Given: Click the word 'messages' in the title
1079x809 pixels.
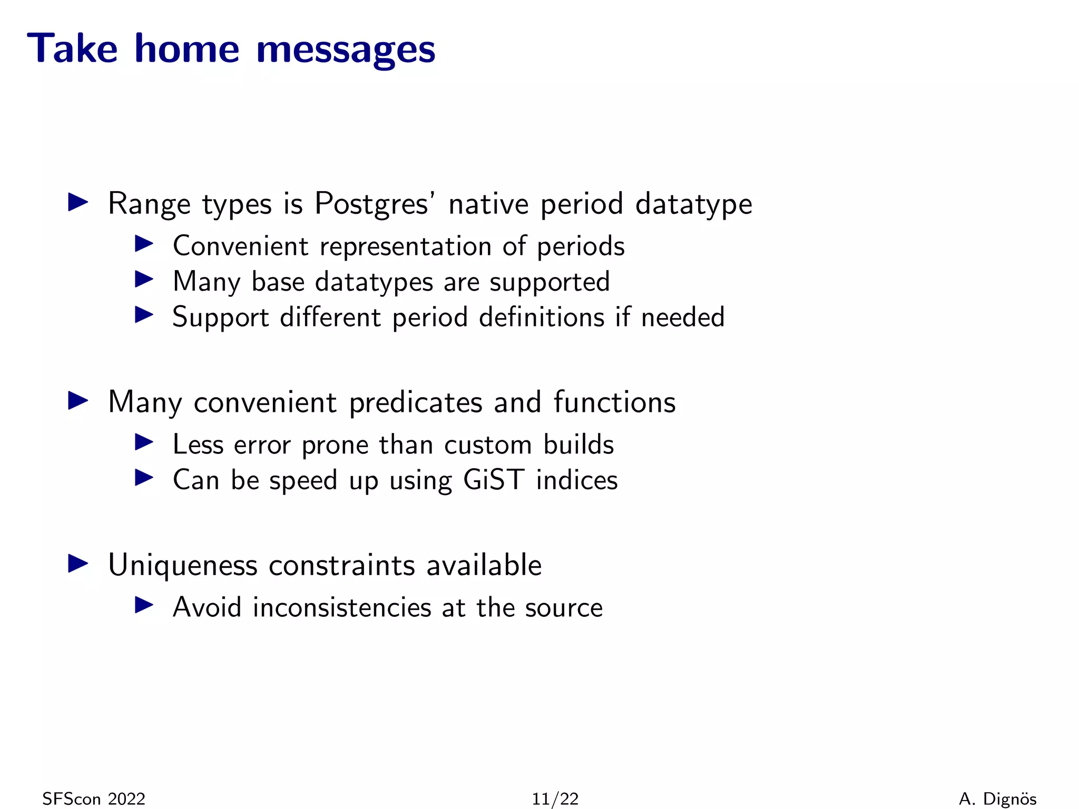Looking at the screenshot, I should click(x=346, y=49).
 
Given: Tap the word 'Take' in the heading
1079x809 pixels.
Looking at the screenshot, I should click(x=72, y=48).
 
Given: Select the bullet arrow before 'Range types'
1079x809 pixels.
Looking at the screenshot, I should click(x=78, y=203).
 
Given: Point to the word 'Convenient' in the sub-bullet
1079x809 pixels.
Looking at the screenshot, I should click(x=240, y=246).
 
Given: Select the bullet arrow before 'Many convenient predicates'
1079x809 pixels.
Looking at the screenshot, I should click(x=78, y=401).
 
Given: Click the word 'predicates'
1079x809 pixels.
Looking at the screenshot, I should click(x=416, y=403).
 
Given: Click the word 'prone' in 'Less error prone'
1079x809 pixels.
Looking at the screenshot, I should click(x=335, y=446).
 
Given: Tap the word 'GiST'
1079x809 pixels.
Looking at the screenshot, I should click(x=494, y=480).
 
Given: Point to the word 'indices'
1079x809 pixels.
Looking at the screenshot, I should click(x=576, y=480).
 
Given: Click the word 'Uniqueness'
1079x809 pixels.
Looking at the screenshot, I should click(x=183, y=566).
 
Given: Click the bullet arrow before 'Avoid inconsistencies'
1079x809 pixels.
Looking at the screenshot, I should click(x=143, y=605).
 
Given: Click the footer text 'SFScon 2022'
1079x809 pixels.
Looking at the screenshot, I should click(x=94, y=799).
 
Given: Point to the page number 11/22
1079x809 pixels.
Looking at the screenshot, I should click(x=555, y=799).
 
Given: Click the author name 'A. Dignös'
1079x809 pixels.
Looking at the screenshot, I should click(x=997, y=799).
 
